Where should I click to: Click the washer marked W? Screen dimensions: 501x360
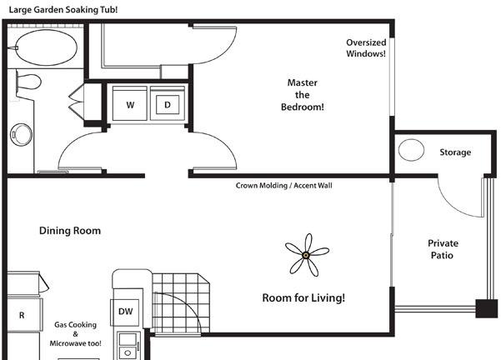(130, 103)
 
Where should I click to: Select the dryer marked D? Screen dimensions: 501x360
(168, 103)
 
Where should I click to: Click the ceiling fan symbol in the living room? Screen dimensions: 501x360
(307, 255)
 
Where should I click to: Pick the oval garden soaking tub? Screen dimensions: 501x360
(47, 47)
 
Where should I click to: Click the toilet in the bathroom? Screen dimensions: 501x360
(28, 82)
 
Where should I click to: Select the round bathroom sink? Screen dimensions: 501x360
(22, 134)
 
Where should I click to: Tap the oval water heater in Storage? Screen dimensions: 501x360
(411, 150)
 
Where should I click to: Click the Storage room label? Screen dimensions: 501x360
(455, 152)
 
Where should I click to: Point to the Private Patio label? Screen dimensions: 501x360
(443, 249)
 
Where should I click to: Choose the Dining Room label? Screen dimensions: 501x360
(70, 231)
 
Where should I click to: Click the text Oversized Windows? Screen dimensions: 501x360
(366, 47)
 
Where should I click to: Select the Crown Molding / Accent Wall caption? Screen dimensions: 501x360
(283, 186)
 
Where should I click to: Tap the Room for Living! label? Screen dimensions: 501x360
(303, 298)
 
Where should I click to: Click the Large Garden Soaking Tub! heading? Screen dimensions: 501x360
(63, 9)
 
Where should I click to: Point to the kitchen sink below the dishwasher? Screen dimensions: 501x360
(128, 346)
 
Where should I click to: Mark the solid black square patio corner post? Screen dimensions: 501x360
(486, 308)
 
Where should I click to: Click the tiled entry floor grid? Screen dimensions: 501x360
(181, 302)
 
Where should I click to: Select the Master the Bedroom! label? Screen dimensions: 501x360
(303, 95)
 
